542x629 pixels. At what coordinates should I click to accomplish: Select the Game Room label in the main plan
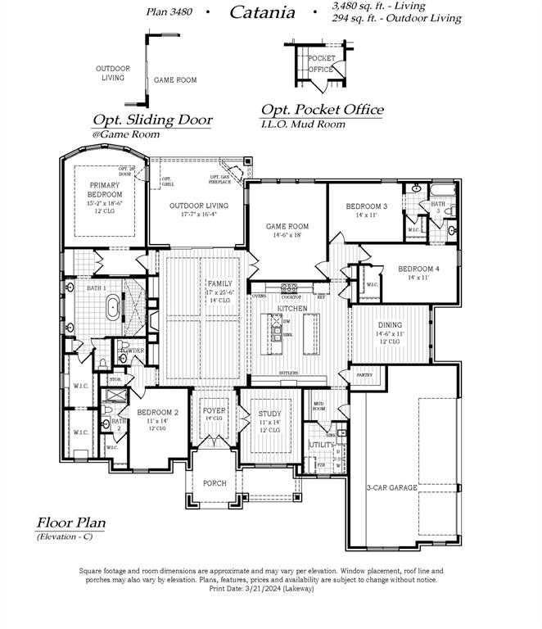point(287,226)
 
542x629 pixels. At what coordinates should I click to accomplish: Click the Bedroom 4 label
point(418,269)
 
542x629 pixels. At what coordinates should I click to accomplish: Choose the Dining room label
point(390,324)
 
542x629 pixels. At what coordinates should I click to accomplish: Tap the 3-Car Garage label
point(391,487)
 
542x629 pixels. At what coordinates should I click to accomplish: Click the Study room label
point(269,414)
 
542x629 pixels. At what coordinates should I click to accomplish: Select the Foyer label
point(215,410)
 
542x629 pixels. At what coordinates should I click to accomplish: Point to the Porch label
point(215,483)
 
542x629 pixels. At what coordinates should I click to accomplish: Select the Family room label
point(219,283)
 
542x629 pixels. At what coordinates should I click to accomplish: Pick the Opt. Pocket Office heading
point(322,110)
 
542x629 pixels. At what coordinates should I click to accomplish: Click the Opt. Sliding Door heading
point(152,120)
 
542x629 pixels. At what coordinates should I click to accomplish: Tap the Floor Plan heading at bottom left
point(70,523)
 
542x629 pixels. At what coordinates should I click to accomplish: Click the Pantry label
point(364,374)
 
